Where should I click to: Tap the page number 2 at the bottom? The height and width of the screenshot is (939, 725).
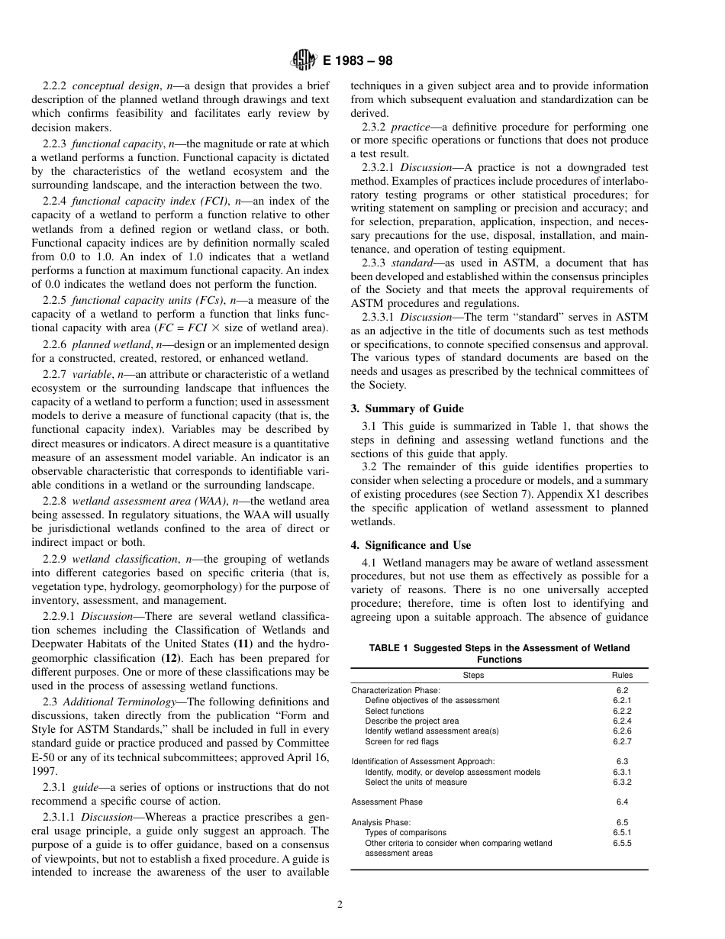tap(340, 905)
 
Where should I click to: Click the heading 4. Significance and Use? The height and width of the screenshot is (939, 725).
tap(411, 545)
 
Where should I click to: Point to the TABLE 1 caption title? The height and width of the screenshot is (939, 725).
tap(499, 653)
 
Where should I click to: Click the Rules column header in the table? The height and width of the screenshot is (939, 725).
tap(622, 675)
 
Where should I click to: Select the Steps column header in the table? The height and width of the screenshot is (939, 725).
tap(473, 675)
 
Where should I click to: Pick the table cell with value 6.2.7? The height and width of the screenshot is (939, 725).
tap(622, 741)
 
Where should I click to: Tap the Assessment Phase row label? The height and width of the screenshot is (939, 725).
tap(387, 802)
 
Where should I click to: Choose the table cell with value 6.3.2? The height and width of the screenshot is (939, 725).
tap(622, 782)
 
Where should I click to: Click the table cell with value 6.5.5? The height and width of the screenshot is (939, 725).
tap(622, 844)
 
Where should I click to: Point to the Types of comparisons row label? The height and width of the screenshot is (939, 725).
tap(406, 833)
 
